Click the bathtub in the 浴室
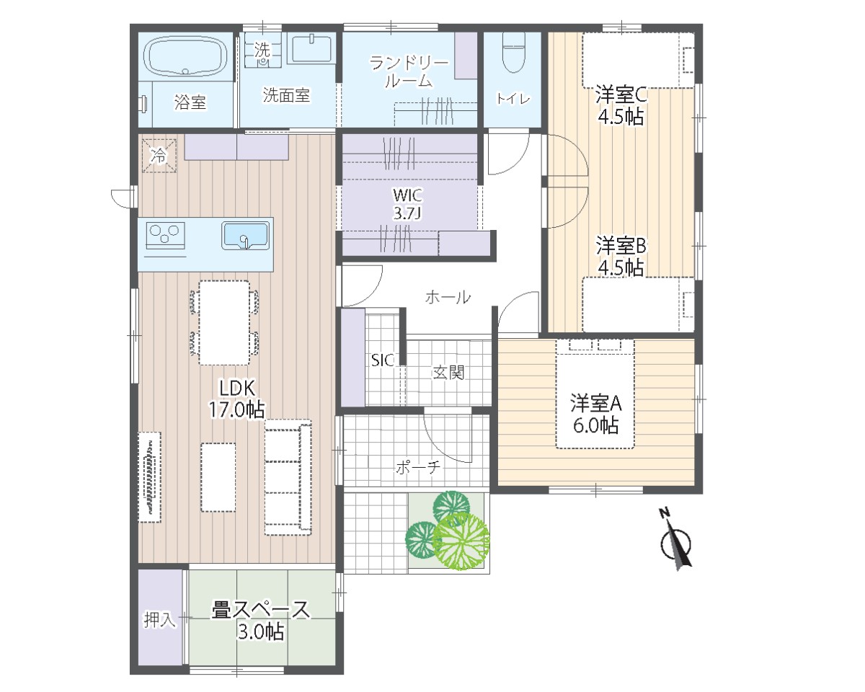(x=186, y=56)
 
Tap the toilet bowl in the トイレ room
(x=514, y=53)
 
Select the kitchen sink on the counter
(x=245, y=236)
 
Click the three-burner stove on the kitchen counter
(x=165, y=236)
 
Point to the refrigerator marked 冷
(x=159, y=156)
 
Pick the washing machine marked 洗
(x=262, y=51)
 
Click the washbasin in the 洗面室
(x=311, y=49)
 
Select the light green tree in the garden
(x=461, y=541)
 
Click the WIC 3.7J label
(x=407, y=204)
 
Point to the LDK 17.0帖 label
(x=236, y=399)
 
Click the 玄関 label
(x=448, y=373)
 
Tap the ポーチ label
(x=418, y=467)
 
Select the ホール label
(x=448, y=297)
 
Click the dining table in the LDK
(x=224, y=323)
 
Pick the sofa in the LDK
(x=288, y=477)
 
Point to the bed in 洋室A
(x=595, y=394)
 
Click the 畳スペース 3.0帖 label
(x=261, y=621)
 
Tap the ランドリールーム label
(x=409, y=71)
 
